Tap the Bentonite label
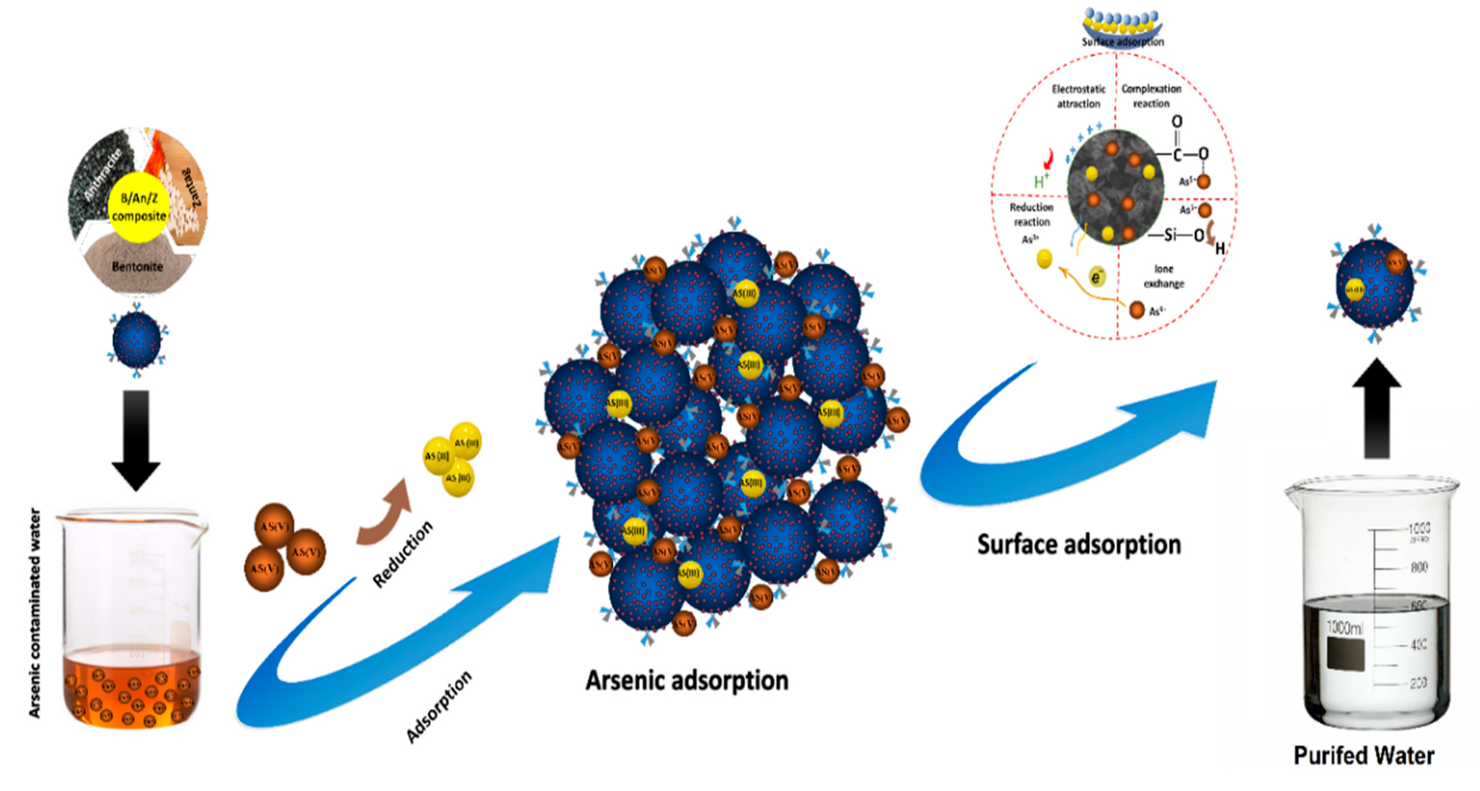[137, 267]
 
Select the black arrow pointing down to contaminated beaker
[136, 440]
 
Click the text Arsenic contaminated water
[35, 613]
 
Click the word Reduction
[402, 554]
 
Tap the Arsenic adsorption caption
[687, 681]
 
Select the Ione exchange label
[1164, 276]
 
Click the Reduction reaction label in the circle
[1031, 214]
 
